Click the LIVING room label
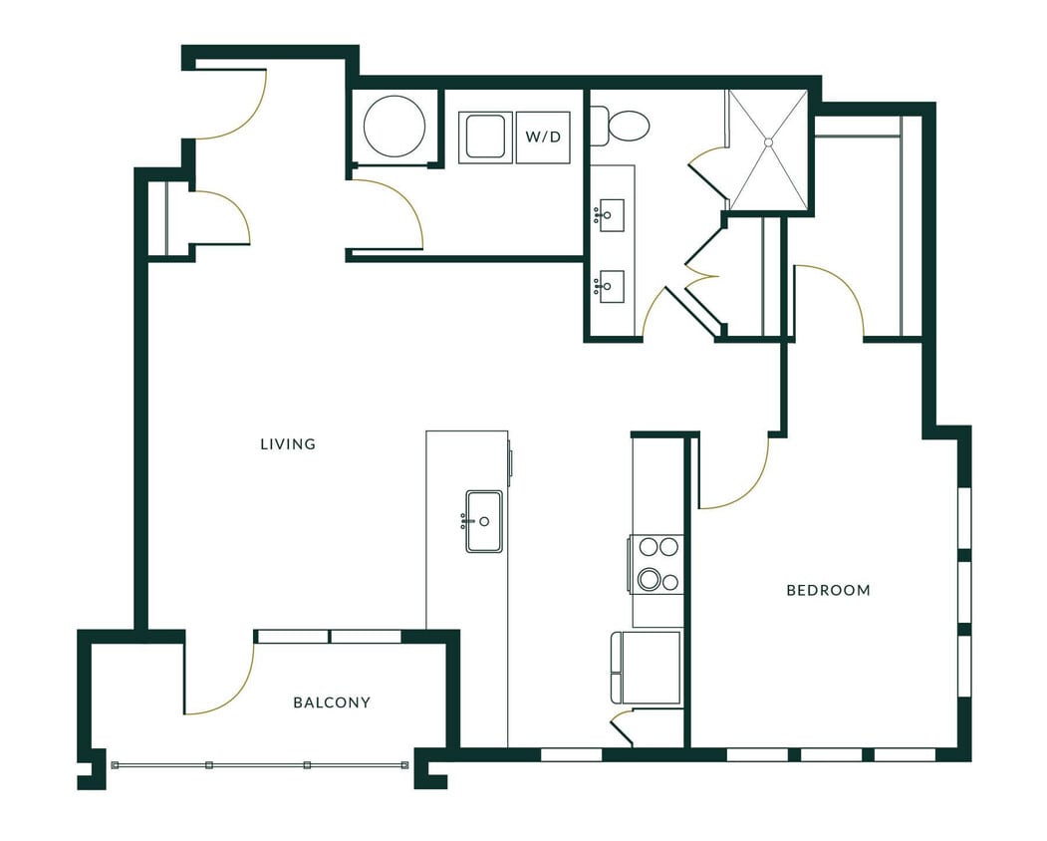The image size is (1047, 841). coord(288,444)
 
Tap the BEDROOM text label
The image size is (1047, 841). coord(828,590)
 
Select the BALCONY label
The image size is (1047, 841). coord(332,702)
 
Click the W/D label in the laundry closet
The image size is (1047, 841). coord(543,138)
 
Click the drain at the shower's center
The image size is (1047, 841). coord(768,143)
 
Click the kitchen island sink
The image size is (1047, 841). coord(484,521)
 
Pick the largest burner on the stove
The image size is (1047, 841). coord(650,579)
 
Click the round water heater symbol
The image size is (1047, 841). coord(394,127)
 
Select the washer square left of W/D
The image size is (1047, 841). coord(485,138)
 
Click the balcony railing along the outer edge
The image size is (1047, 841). coord(259,765)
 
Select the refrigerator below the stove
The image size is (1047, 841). coord(647,667)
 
